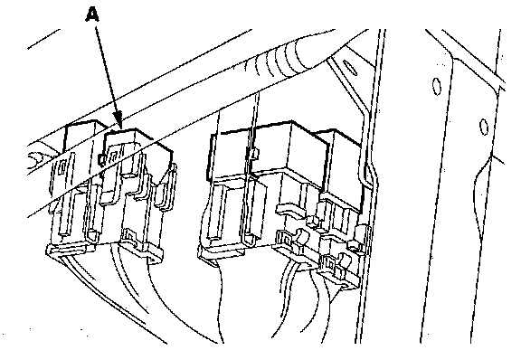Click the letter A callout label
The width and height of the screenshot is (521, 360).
click(92, 14)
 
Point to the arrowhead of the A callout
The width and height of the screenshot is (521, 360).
click(118, 121)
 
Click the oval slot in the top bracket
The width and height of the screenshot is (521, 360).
click(349, 68)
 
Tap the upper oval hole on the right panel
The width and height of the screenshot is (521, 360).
click(436, 86)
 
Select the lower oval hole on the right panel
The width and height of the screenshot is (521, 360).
click(484, 127)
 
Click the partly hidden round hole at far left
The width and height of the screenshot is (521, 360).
click(36, 160)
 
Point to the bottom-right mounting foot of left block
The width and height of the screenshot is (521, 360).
click(151, 257)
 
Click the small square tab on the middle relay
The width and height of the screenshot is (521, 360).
click(255, 154)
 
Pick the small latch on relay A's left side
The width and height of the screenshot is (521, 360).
click(101, 159)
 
